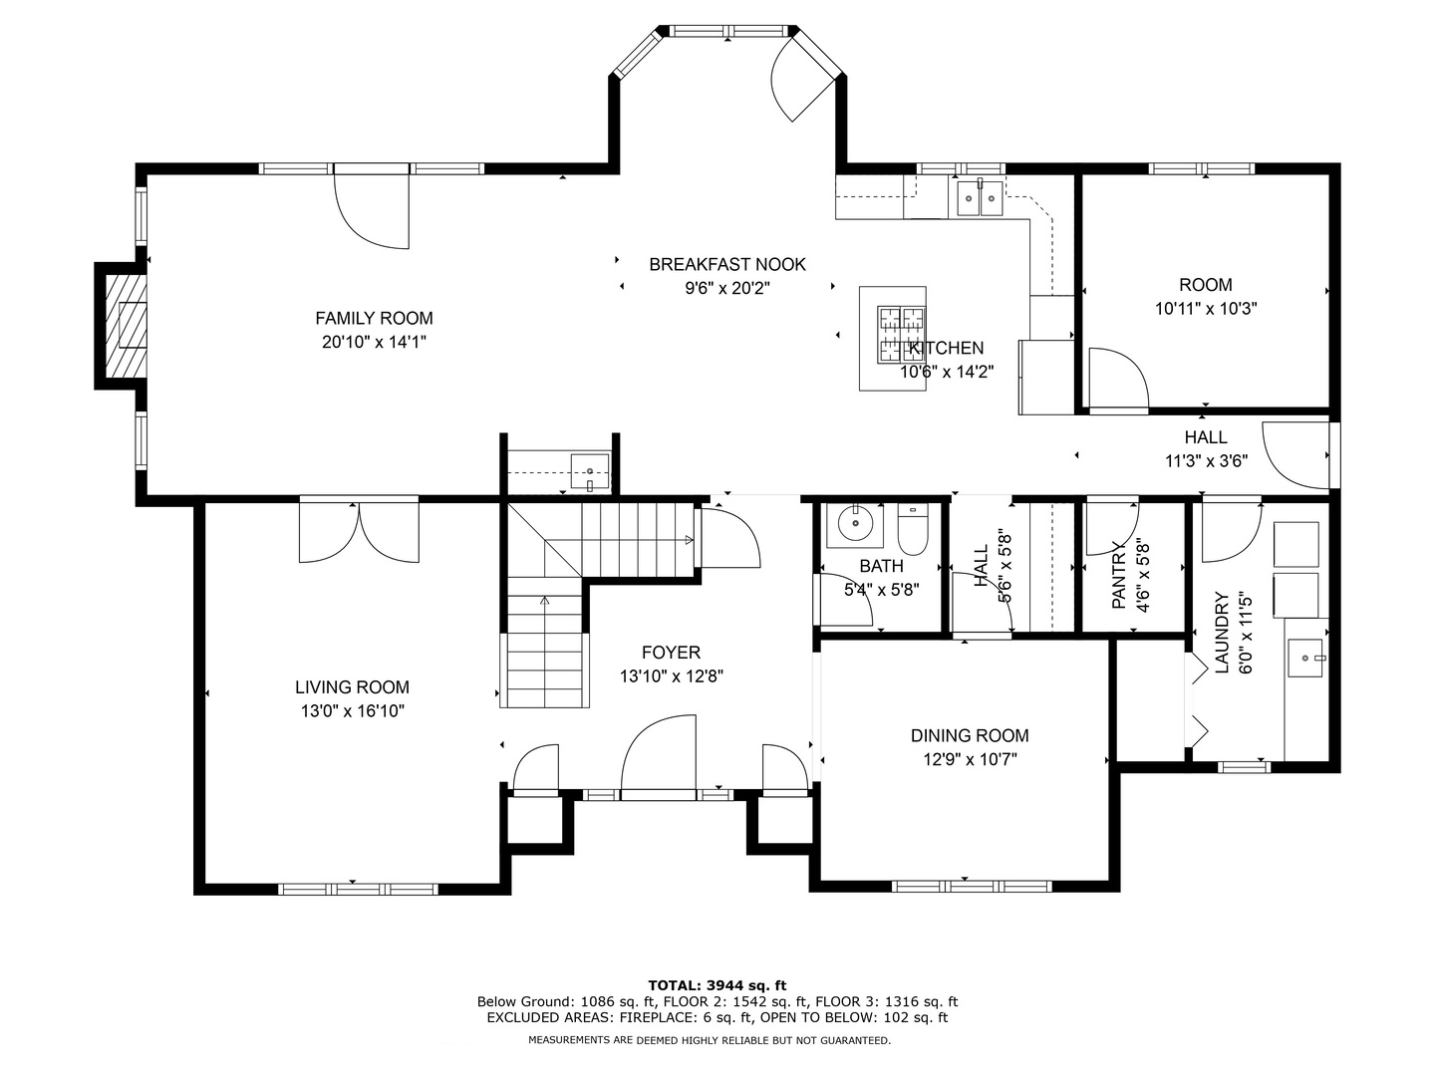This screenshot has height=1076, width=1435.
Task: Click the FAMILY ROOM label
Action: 374,318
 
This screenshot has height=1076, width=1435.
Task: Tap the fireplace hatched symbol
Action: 126,326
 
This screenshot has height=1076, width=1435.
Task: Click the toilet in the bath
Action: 912,529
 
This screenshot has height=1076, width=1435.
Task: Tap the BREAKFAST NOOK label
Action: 727,265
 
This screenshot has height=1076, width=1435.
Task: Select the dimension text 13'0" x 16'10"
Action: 353,710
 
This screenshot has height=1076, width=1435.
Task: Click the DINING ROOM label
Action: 970,735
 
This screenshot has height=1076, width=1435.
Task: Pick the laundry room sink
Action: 1304,659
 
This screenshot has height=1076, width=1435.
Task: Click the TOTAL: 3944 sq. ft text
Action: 717,985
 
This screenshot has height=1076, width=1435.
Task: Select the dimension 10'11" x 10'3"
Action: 1206,309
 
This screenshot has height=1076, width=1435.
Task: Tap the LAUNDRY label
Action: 1222,632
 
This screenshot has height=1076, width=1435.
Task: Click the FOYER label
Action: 671,652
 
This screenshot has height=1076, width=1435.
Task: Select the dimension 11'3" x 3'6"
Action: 1206,460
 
